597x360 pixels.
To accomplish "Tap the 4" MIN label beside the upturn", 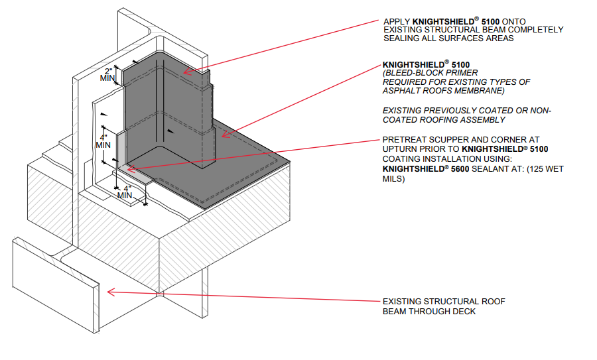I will (x=103, y=141).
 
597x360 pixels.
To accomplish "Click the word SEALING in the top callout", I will (x=401, y=38).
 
